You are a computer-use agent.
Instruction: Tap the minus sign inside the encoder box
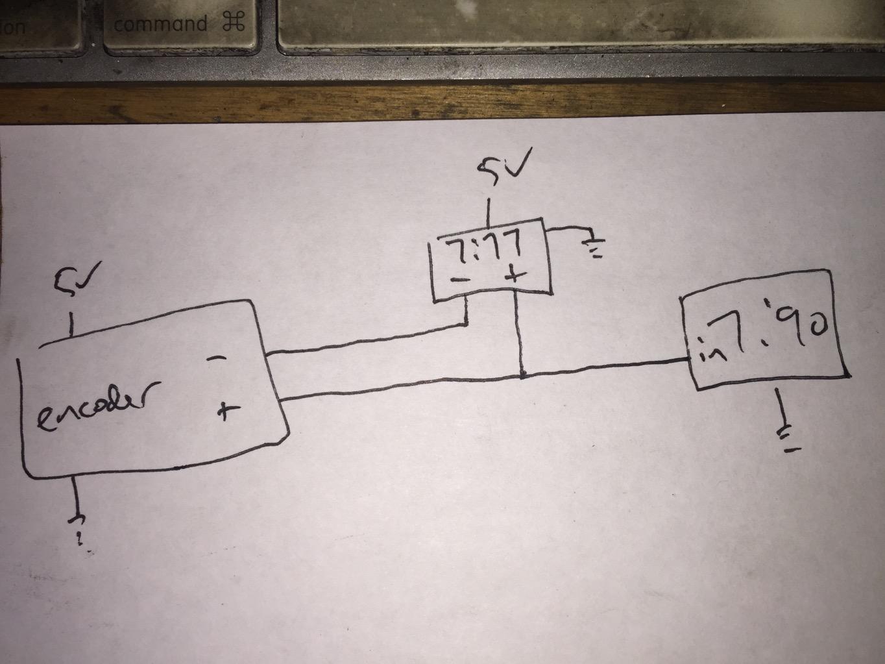[219, 358]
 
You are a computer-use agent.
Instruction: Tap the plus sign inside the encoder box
[225, 410]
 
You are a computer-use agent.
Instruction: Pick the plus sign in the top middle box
[515, 275]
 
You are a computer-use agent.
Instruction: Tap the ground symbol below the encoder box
[80, 526]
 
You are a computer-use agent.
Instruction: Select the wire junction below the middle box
[522, 375]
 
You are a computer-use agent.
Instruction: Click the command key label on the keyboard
[160, 25]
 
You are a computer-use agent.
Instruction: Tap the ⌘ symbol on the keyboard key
[232, 24]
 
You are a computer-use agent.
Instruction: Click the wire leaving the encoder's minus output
[363, 342]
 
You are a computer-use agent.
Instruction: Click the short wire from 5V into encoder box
[71, 325]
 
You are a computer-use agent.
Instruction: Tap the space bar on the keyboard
[577, 26]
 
